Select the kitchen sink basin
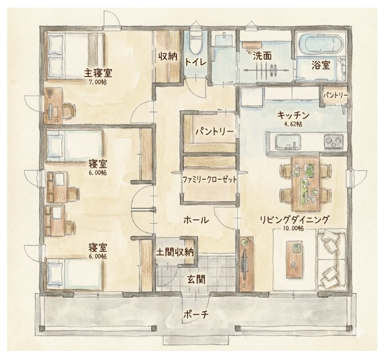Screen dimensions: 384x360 pyautogui.click(x=288, y=142)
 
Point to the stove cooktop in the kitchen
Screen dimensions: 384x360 pyautogui.click(x=333, y=142)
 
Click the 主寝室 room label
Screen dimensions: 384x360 pyautogui.click(x=98, y=73)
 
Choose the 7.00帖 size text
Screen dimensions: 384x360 pyautogui.click(x=98, y=82)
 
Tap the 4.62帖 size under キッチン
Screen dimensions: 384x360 pyautogui.click(x=293, y=124)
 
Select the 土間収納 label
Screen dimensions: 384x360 pyautogui.click(x=175, y=252)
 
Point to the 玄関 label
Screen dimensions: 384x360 pyautogui.click(x=196, y=279)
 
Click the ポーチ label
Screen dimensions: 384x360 pyautogui.click(x=196, y=315)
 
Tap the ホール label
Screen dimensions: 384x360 pyautogui.click(x=196, y=220)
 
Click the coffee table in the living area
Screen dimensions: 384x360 pyautogui.click(x=294, y=259)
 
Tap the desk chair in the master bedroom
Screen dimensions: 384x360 pyautogui.click(x=69, y=110)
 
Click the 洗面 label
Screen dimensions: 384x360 pyautogui.click(x=262, y=56)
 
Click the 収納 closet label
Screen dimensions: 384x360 pyautogui.click(x=168, y=57)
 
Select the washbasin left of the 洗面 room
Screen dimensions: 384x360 pyautogui.click(x=224, y=40)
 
